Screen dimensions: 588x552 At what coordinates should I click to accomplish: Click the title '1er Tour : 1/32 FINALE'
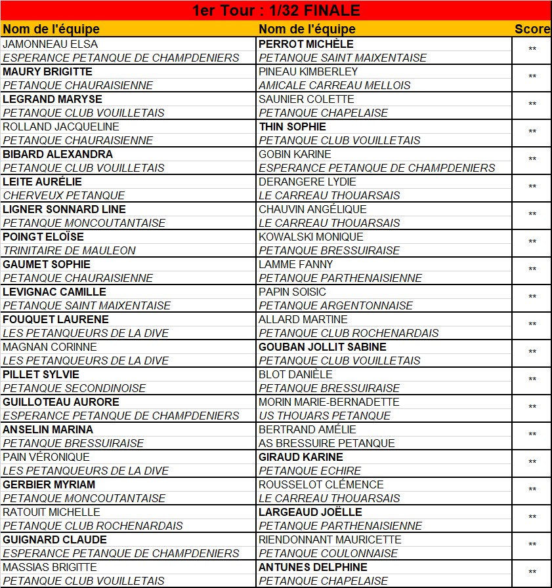276,10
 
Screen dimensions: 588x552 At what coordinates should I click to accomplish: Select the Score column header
532,29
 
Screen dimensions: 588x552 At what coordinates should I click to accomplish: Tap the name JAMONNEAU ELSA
51,44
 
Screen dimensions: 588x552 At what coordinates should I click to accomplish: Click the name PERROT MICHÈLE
306,44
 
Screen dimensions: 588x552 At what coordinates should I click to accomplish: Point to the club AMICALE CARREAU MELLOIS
334,85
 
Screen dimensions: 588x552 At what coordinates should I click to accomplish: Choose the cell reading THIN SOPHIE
292,127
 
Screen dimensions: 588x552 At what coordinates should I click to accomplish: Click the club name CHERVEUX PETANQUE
64,195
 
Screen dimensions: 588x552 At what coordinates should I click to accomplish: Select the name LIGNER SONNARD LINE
64,209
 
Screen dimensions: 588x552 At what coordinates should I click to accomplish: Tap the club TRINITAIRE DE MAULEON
70,250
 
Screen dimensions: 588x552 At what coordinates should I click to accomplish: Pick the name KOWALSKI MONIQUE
310,237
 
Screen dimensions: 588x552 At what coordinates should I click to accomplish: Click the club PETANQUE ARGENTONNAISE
335,305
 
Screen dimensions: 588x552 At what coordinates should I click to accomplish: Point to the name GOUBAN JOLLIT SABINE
322,347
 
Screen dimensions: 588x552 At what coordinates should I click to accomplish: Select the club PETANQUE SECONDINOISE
74,388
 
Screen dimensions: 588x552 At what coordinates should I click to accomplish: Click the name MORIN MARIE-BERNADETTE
329,402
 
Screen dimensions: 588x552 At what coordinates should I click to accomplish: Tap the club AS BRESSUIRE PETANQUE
327,443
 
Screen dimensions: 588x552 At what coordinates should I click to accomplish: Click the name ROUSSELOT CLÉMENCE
321,484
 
